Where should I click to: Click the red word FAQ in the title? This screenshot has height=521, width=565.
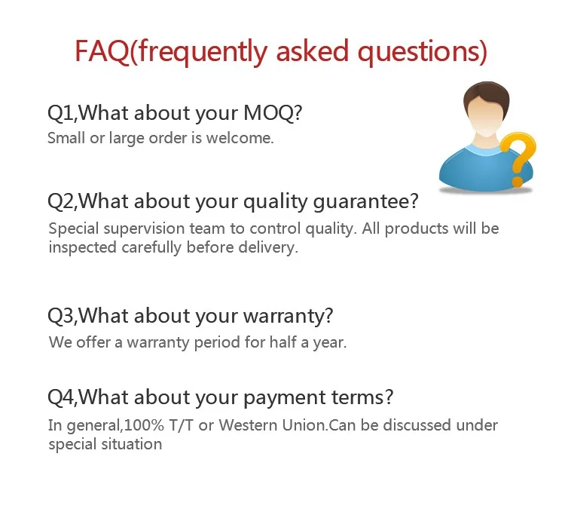pos(102,51)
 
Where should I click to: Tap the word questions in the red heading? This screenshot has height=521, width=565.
pos(423,51)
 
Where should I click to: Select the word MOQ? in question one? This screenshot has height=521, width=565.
pos(273,113)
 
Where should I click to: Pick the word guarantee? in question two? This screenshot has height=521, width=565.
pos(365,201)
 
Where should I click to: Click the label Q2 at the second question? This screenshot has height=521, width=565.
pos(61,201)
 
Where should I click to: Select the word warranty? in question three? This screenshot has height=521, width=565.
pos(288,316)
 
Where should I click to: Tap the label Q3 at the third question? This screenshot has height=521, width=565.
pos(61,316)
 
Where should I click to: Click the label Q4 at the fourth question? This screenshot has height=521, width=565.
pos(61,397)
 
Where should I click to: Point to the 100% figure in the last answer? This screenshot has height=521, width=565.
pos(144,425)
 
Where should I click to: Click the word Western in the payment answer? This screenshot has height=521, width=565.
pos(249,425)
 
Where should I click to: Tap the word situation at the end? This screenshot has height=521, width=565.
pos(132,445)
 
